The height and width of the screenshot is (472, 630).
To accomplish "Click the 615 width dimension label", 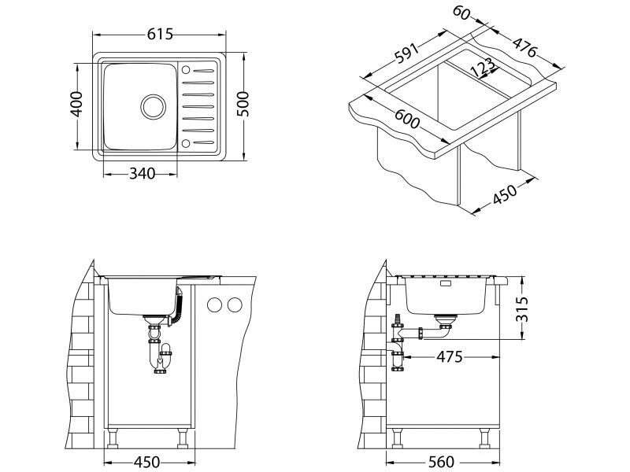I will pos(159,34).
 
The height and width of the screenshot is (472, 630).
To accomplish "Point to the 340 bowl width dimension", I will pos(146,172).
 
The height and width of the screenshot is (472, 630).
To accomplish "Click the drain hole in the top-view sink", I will pos(152,105).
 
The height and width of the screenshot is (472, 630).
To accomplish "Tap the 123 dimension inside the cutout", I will pos(482,68).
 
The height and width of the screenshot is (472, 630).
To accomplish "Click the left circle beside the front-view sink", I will pos(213,305).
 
